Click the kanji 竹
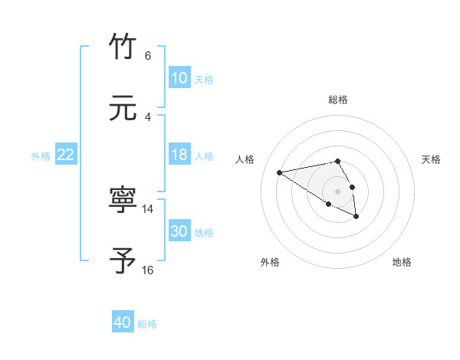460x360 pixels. pyautogui.click(x=123, y=47)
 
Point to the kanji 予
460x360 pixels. pyautogui.click(x=123, y=261)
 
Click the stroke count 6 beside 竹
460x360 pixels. pyautogui.click(x=148, y=56)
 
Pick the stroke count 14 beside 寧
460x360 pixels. pyautogui.click(x=148, y=208)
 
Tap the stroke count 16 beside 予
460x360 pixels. pyautogui.click(x=148, y=270)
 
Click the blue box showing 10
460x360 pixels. pyautogui.click(x=179, y=78)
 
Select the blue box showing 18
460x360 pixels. pyautogui.click(x=179, y=155)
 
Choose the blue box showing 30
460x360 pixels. pyautogui.click(x=179, y=231)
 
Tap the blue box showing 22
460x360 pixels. pyautogui.click(x=66, y=155)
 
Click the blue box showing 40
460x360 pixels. pyautogui.click(x=123, y=322)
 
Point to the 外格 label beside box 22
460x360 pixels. pyautogui.click(x=41, y=156)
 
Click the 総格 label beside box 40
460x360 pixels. pyautogui.click(x=147, y=324)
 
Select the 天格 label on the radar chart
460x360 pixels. pyautogui.click(x=431, y=159)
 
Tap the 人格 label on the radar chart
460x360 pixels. pyautogui.click(x=245, y=159)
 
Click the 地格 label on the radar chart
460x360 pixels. pyautogui.click(x=402, y=262)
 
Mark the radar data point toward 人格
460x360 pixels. pyautogui.click(x=280, y=172)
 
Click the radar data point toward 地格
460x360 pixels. pyautogui.click(x=356, y=217)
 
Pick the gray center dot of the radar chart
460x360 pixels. pyautogui.click(x=337, y=191)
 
